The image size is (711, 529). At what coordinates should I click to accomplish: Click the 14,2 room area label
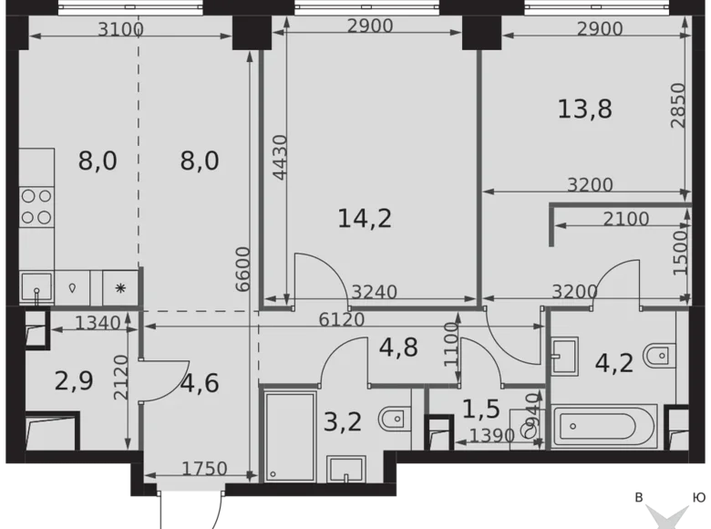click(x=365, y=218)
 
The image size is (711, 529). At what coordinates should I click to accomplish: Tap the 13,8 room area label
click(x=584, y=109)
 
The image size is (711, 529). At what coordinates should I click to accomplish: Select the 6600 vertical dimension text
click(x=242, y=268)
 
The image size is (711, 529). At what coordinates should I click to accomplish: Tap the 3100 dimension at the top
click(x=120, y=29)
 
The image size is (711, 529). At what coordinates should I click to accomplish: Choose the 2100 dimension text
click(x=626, y=219)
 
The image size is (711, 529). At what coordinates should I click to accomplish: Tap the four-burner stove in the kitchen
click(x=36, y=206)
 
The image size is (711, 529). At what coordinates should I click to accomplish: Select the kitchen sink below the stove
click(x=36, y=286)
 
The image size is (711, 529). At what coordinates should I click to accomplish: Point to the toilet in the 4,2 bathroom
click(x=658, y=353)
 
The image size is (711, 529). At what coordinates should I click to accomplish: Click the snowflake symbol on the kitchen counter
click(x=120, y=286)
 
